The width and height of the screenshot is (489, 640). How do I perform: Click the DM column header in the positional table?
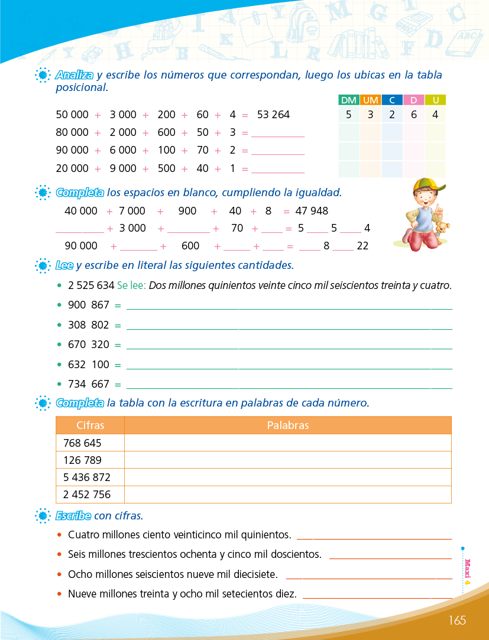click(349, 100)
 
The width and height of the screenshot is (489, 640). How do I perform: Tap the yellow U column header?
click(435, 100)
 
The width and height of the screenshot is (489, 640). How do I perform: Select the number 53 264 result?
click(273, 115)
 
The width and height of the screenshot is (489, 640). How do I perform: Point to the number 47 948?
click(312, 211)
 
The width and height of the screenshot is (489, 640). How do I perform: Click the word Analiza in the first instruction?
click(75, 76)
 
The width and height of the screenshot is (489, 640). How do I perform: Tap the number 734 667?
click(89, 384)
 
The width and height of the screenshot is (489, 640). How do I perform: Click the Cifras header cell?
click(90, 425)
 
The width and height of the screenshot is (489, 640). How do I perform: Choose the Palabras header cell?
click(287, 425)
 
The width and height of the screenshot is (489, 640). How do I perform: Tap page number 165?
click(457, 620)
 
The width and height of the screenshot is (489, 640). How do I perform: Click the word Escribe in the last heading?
click(73, 516)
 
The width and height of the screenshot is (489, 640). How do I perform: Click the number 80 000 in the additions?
click(72, 132)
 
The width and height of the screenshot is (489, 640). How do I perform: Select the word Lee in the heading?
click(64, 265)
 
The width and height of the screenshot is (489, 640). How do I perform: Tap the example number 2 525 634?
click(91, 285)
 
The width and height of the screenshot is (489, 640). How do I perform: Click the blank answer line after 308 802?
click(289, 327)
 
